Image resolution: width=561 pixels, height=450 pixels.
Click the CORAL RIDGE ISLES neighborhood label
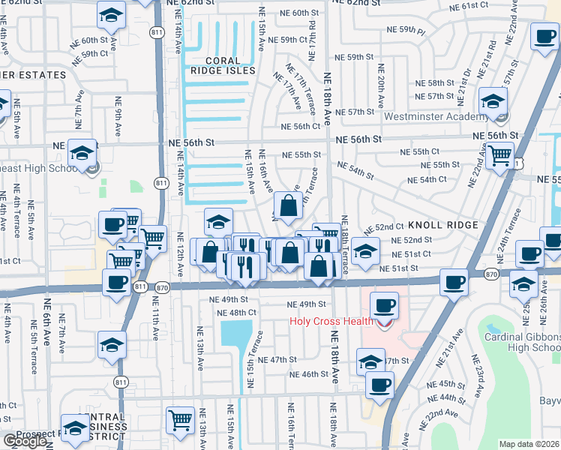(223, 65)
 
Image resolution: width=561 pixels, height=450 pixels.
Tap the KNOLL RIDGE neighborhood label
(442, 226)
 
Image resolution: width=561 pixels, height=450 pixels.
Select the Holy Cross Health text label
(331, 322)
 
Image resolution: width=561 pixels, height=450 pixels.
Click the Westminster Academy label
(435, 117)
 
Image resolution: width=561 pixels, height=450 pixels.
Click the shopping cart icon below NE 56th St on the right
(499, 155)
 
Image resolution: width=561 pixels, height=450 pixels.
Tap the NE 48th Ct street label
(236, 313)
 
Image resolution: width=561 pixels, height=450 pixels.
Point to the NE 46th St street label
(308, 374)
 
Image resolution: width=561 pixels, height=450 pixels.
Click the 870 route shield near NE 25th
(492, 275)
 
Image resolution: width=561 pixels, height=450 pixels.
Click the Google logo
(25, 441)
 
